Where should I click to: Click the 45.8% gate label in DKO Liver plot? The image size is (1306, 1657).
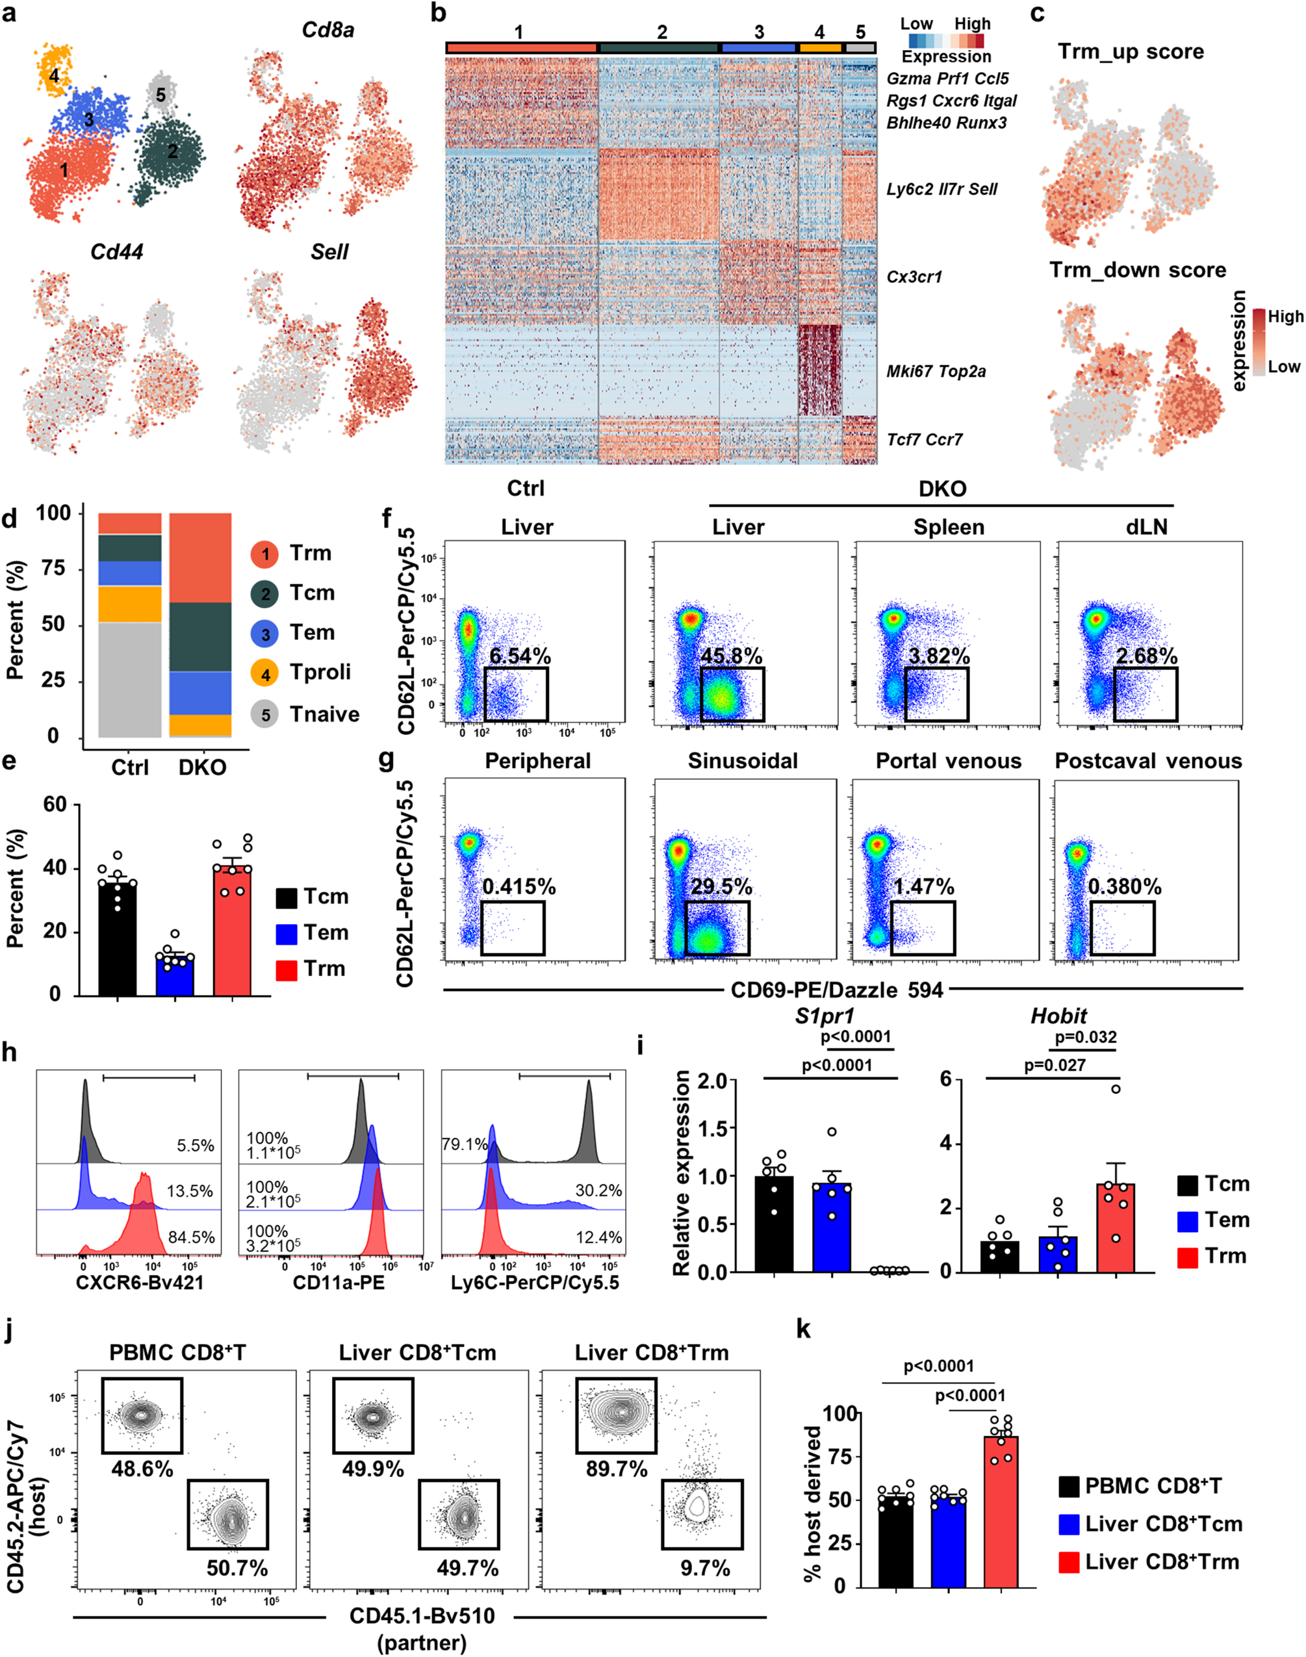tap(731, 657)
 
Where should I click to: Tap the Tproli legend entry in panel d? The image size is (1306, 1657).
tap(320, 672)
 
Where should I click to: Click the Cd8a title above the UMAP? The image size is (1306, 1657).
tap(327, 31)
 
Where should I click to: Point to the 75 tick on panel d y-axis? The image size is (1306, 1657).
tap(53, 569)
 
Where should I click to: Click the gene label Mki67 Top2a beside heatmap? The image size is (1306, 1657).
tap(935, 372)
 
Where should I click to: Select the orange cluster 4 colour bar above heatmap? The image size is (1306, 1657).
tap(820, 48)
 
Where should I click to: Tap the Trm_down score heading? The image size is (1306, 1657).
tap(1137, 270)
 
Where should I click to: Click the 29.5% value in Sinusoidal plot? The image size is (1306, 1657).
tap(721, 887)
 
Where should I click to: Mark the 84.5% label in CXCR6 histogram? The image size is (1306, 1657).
tap(190, 1237)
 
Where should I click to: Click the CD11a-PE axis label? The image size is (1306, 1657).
tap(338, 1282)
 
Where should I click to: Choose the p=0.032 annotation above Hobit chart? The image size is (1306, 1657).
tap(1085, 1038)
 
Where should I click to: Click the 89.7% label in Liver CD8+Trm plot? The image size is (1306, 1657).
tap(617, 1469)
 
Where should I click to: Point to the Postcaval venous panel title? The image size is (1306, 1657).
tap(1147, 761)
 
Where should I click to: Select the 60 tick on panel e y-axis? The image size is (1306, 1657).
tap(55, 805)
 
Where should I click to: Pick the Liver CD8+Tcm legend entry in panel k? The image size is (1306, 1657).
tap(1163, 1524)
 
